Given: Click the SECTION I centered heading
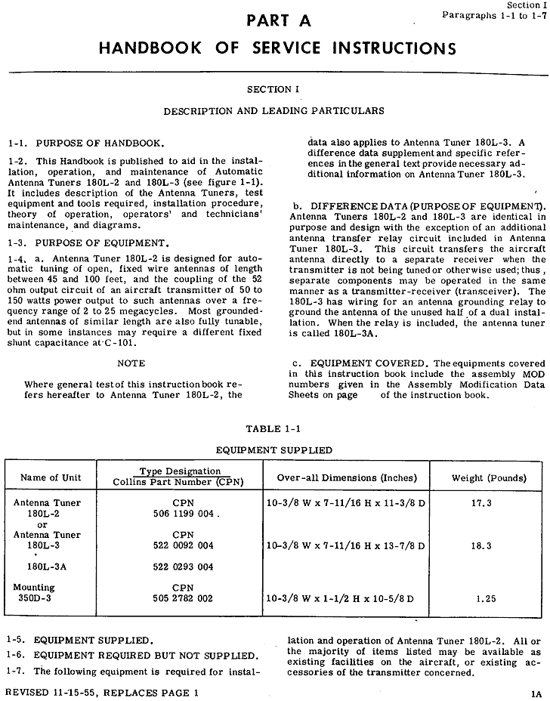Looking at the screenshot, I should click(273, 89).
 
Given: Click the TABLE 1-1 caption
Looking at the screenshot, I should click(273, 429).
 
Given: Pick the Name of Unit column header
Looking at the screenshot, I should click(51, 477).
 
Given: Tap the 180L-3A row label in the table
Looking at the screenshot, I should click(44, 567).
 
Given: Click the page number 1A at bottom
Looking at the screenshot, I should click(535, 690).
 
